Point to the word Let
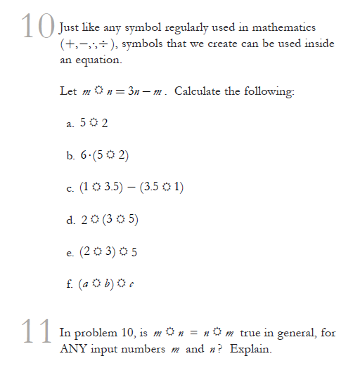69,92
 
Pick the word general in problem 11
290,333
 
